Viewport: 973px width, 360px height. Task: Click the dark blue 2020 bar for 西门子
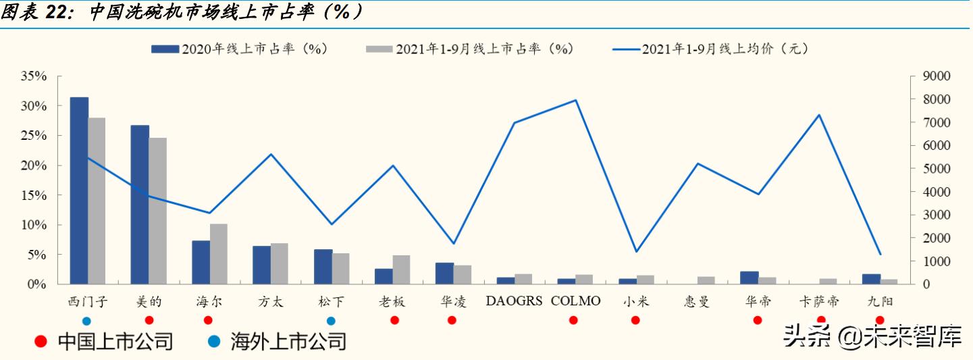[x=79, y=190]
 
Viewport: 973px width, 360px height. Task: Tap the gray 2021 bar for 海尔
[x=219, y=254]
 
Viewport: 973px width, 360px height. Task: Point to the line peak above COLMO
[x=575, y=100]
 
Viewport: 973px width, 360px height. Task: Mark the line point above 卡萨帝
[x=819, y=115]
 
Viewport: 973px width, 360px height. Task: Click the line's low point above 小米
[x=636, y=252]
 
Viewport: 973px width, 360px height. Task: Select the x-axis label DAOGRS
[x=514, y=301]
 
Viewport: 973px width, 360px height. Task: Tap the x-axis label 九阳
[x=880, y=301]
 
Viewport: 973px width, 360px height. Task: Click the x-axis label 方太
[x=270, y=301]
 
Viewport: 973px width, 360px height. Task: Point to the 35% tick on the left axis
[x=33, y=76]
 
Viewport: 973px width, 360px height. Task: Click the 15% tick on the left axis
[x=33, y=195]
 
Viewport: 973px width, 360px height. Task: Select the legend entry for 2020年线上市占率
[x=240, y=49]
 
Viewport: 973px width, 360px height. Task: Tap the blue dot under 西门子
[x=86, y=321]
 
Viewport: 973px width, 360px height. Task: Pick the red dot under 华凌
[x=452, y=320]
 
